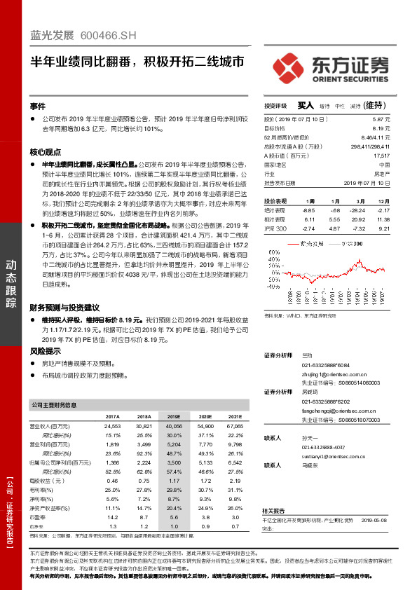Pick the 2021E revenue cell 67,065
[234, 426]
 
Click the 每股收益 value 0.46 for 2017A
[112, 481]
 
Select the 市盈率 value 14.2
[112, 518]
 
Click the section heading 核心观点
[45, 151]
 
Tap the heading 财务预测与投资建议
[64, 307]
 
